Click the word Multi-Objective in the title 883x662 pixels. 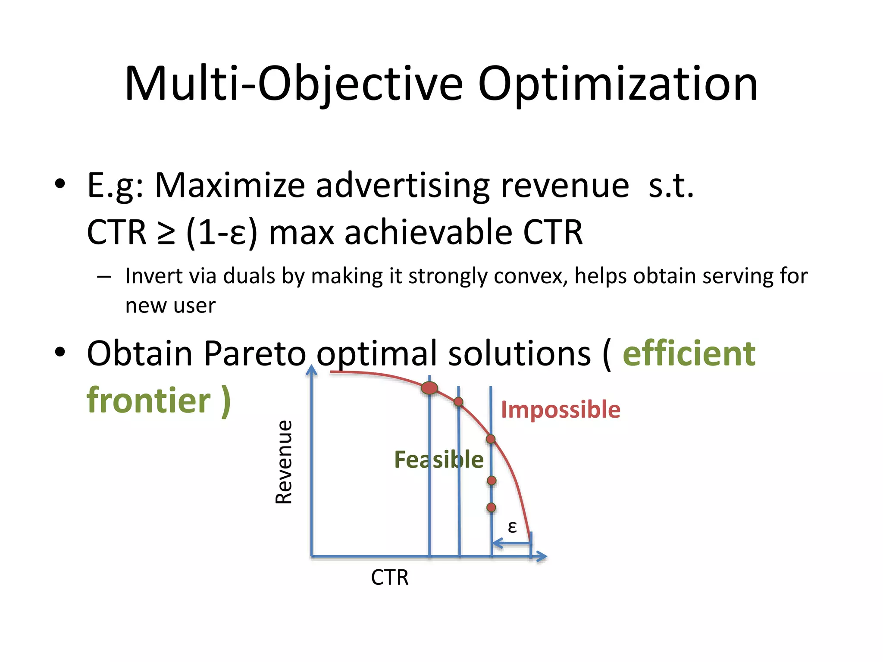point(293,84)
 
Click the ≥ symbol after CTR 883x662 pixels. point(166,233)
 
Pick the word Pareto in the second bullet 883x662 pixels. point(254,353)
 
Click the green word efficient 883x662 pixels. point(689,353)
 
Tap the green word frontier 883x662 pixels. point(149,400)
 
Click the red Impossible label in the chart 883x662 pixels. point(560,409)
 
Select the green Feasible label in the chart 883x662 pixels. point(438,459)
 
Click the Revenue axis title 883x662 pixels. point(284,462)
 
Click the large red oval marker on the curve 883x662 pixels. point(429,388)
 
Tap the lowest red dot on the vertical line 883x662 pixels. point(491,508)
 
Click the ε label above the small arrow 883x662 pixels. point(512,527)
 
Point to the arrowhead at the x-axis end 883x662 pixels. point(542,556)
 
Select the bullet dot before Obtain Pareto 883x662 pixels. point(60,353)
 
